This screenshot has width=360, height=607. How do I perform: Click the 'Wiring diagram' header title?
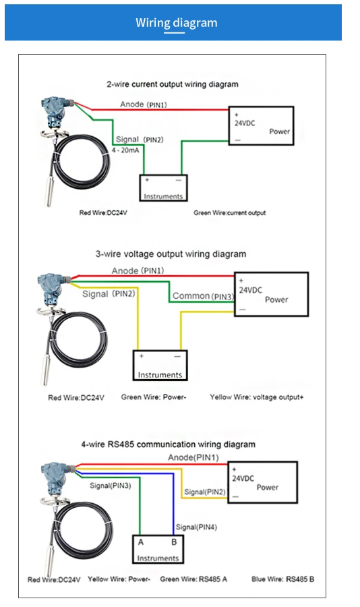coord(177,23)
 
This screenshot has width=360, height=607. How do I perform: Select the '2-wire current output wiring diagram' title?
coord(173,84)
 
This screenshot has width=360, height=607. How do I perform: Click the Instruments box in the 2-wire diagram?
coord(164,187)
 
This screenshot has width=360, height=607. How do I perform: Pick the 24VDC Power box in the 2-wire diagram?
coord(261,125)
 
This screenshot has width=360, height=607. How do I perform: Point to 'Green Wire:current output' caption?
coord(229,212)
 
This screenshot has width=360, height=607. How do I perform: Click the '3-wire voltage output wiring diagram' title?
coord(171,254)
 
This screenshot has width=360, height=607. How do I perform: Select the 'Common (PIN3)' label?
coord(203,296)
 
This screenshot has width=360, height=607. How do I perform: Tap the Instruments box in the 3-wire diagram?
coord(159,366)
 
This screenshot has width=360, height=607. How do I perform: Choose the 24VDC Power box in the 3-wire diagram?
coord(270,294)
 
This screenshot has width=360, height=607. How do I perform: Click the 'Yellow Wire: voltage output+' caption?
coord(257,397)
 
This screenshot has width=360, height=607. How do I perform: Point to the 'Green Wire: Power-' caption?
coord(154,397)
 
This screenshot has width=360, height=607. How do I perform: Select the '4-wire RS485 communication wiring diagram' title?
coord(169,444)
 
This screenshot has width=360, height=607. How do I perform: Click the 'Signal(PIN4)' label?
coord(196,527)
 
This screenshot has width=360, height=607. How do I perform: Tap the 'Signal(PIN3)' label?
coord(111,485)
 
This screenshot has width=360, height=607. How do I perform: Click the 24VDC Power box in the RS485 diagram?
coord(262,482)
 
